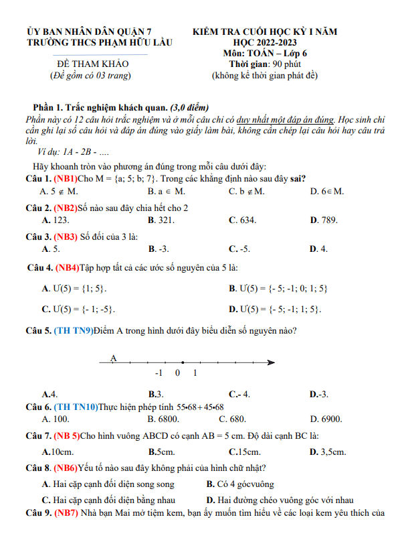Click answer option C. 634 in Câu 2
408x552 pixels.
click(x=242, y=220)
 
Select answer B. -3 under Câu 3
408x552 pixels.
click(x=159, y=249)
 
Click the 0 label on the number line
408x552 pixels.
click(x=178, y=373)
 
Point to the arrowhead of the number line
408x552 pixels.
click(x=272, y=363)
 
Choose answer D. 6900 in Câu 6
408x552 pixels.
click(x=326, y=419)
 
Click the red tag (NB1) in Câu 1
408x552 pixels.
click(x=66, y=178)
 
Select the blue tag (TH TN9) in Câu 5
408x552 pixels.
click(x=74, y=330)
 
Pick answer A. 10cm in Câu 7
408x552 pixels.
click(x=58, y=452)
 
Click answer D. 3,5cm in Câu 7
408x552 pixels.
click(x=328, y=452)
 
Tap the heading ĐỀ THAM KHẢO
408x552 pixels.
click(x=93, y=64)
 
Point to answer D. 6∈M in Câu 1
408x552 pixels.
click(x=327, y=192)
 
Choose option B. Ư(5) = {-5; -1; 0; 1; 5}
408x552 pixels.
click(x=278, y=289)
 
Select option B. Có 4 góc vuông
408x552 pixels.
click(x=240, y=484)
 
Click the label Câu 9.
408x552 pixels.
click(x=39, y=514)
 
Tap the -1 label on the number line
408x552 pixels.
click(x=159, y=373)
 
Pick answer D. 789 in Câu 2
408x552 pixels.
click(x=324, y=220)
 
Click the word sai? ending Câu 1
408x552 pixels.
click(x=296, y=178)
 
